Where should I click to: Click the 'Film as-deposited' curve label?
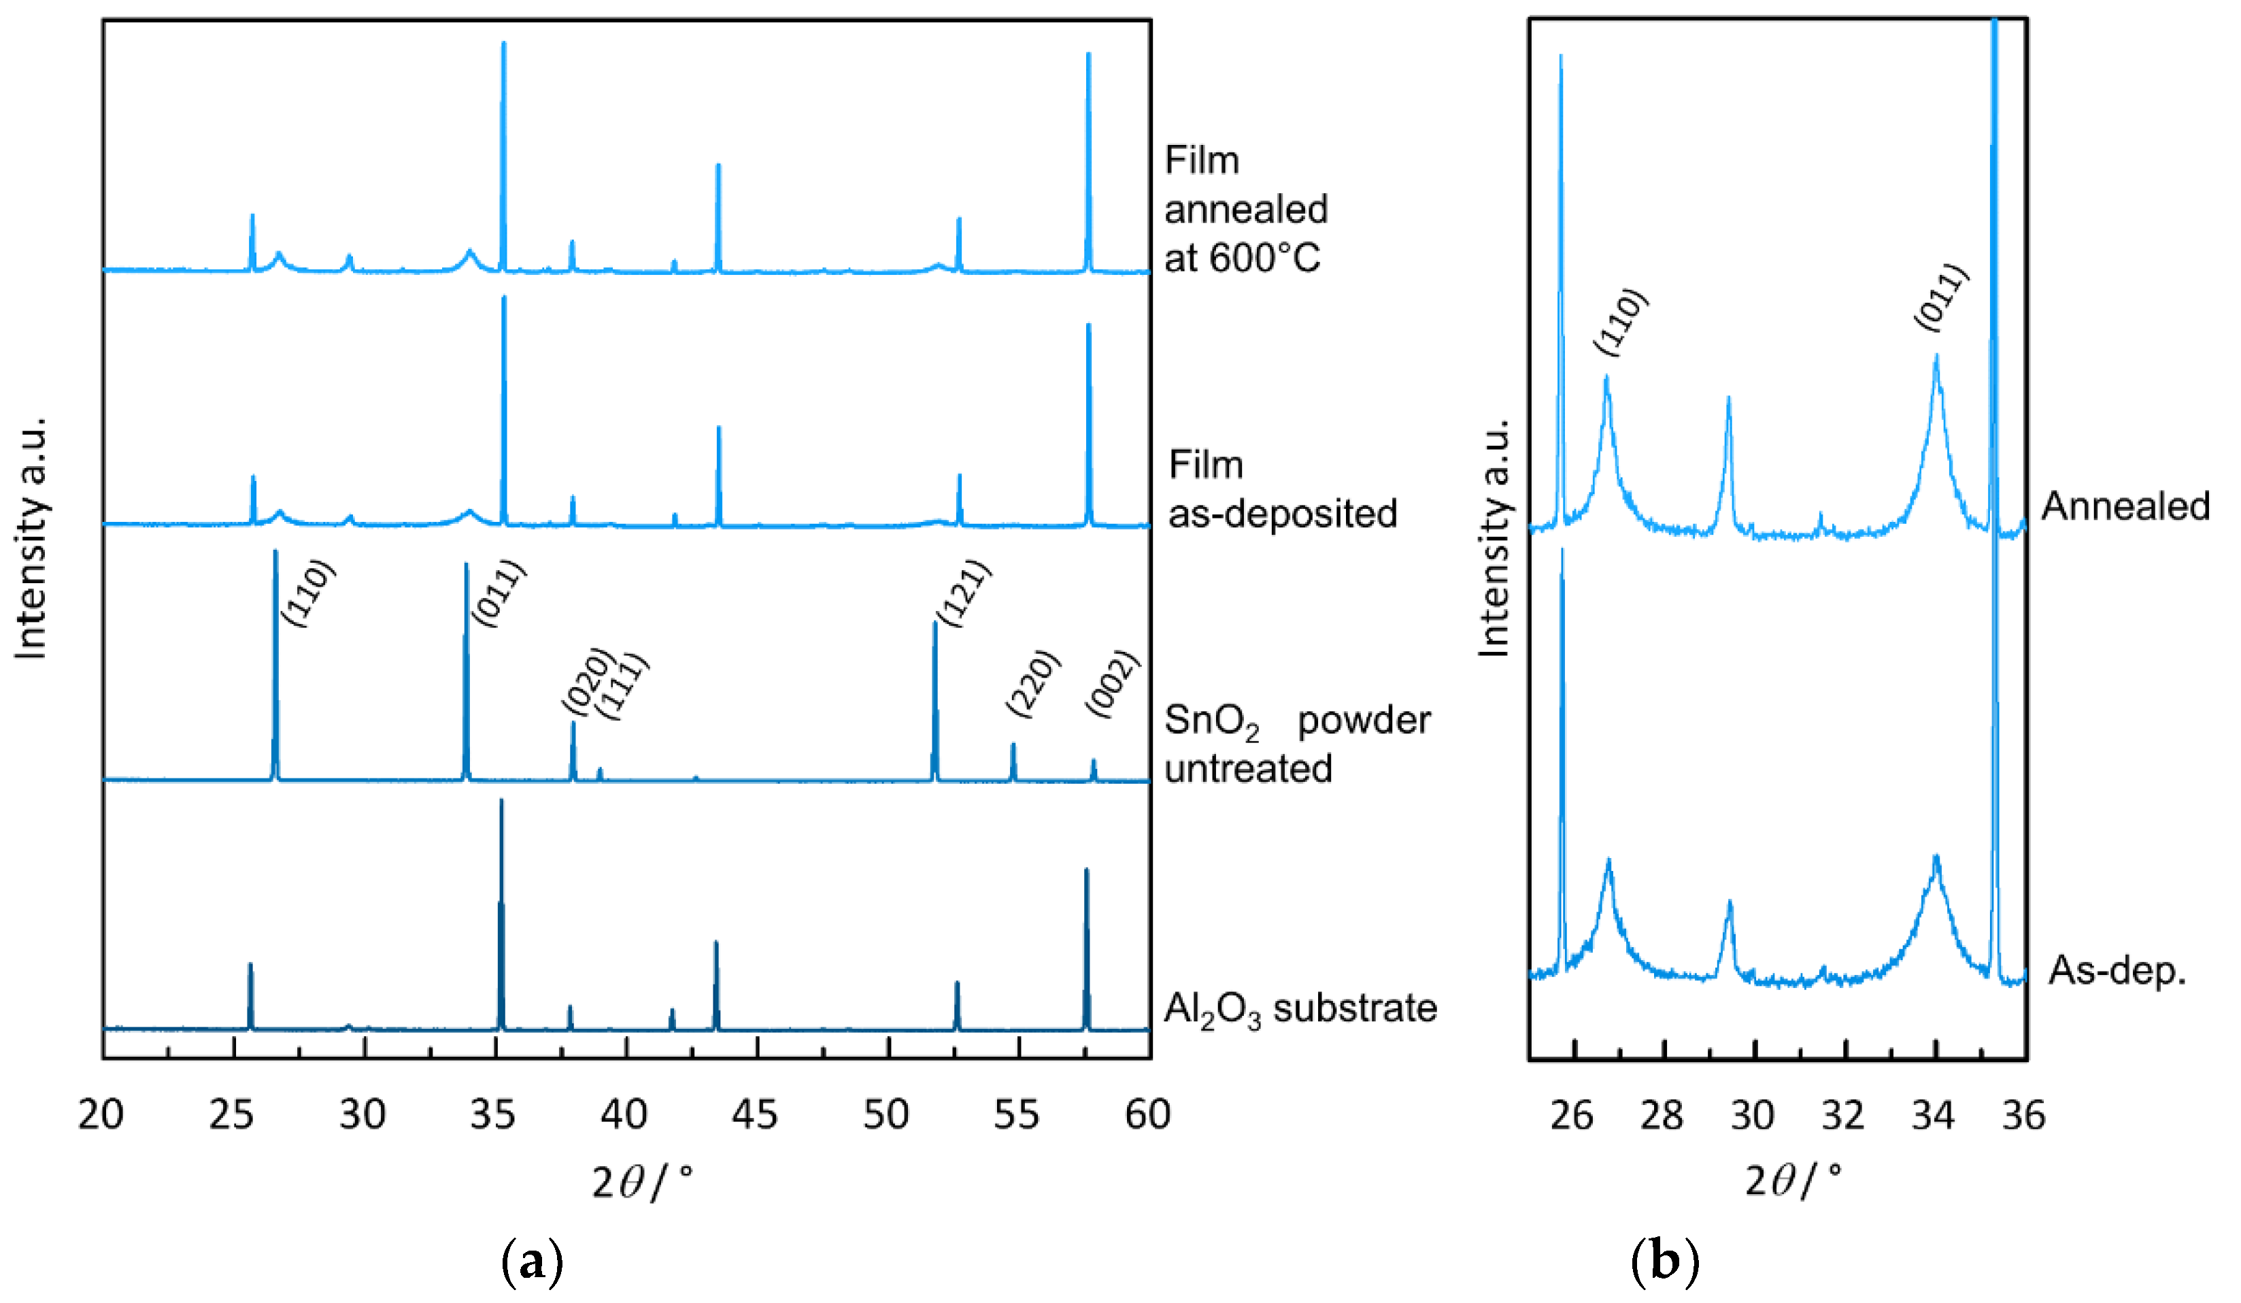pos(1281,490)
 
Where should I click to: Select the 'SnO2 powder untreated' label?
pos(1296,744)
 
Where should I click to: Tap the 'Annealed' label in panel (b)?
pos(2125,506)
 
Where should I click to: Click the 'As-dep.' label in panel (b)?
pos(2117,970)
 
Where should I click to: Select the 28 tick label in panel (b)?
pos(1661,1116)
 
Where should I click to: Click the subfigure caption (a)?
pos(532,1261)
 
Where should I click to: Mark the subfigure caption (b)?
pos(1665,1261)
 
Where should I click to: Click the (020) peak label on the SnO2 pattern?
pos(588,680)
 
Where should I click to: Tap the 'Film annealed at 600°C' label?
pos(1245,210)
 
